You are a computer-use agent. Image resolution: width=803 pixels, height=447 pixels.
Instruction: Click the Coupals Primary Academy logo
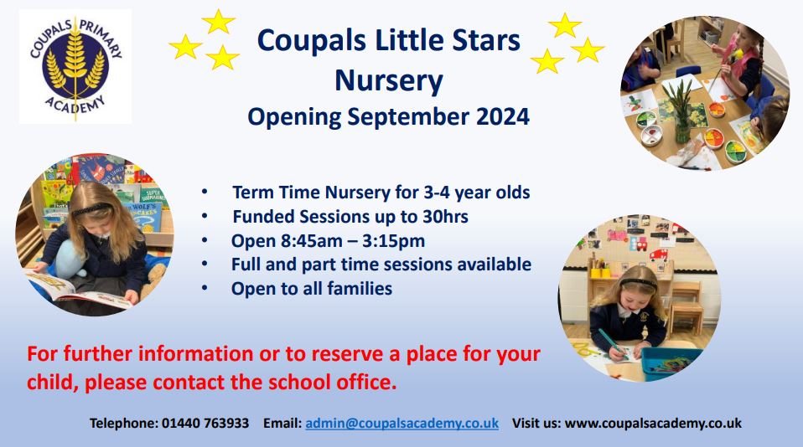click(75, 66)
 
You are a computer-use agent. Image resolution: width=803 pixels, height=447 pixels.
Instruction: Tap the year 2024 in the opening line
click(503, 116)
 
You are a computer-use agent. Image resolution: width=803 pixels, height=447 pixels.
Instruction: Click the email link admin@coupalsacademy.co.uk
click(402, 424)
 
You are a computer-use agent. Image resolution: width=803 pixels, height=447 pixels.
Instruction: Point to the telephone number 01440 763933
click(205, 424)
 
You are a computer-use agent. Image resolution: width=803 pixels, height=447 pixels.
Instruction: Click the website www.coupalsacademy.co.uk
click(653, 424)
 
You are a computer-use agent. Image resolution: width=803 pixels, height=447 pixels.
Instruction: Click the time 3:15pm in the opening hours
click(393, 241)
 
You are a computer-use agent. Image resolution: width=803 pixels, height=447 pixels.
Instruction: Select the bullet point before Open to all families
click(205, 289)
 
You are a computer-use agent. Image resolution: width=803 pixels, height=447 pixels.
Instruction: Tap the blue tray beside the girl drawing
click(670, 362)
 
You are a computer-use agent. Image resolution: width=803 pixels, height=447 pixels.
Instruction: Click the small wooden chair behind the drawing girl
click(686, 307)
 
